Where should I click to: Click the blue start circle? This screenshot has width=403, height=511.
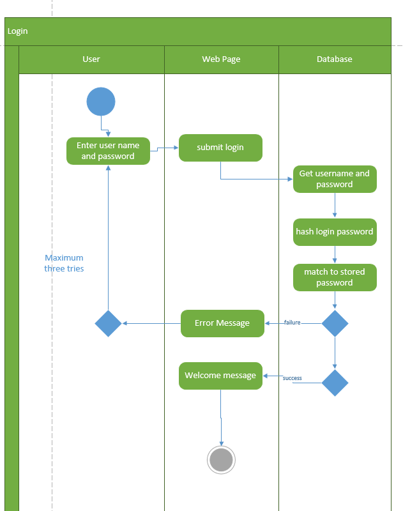click(x=101, y=102)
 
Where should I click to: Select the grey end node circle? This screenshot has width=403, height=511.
click(x=222, y=460)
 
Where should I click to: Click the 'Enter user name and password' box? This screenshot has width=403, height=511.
click(x=108, y=151)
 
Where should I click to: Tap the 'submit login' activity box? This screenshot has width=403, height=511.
click(x=220, y=148)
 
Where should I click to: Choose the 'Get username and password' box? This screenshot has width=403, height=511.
click(x=335, y=179)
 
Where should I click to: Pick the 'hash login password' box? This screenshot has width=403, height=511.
click(x=335, y=232)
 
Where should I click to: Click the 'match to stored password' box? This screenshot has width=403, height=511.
click(x=335, y=277)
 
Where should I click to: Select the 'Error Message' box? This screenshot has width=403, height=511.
click(x=222, y=323)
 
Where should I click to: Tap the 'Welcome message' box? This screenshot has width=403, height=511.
click(x=220, y=376)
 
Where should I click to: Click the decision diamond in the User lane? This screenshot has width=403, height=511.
click(x=108, y=324)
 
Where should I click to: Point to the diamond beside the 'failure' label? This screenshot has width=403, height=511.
click(x=335, y=324)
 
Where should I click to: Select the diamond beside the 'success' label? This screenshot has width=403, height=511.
click(x=335, y=383)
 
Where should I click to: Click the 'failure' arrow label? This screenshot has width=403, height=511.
click(x=292, y=323)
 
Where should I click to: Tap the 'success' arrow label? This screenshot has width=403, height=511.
click(x=292, y=378)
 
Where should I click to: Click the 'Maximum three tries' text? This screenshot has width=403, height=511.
click(x=64, y=263)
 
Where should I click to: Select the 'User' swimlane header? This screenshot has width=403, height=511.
click(x=91, y=59)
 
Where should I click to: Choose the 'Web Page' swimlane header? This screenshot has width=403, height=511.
click(x=221, y=59)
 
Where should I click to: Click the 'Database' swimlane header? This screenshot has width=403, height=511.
click(x=335, y=59)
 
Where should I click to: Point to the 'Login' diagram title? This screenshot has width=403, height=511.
click(x=18, y=31)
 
